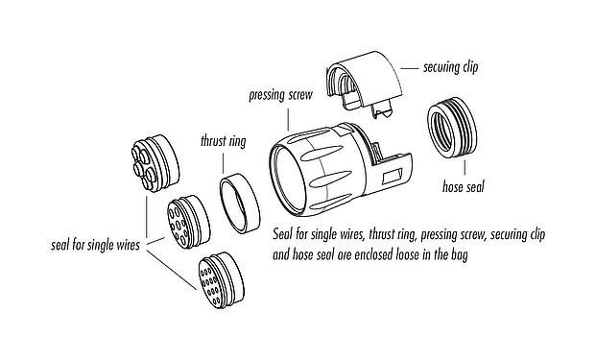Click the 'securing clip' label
[x=451, y=68]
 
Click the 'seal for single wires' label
[x=94, y=245]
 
